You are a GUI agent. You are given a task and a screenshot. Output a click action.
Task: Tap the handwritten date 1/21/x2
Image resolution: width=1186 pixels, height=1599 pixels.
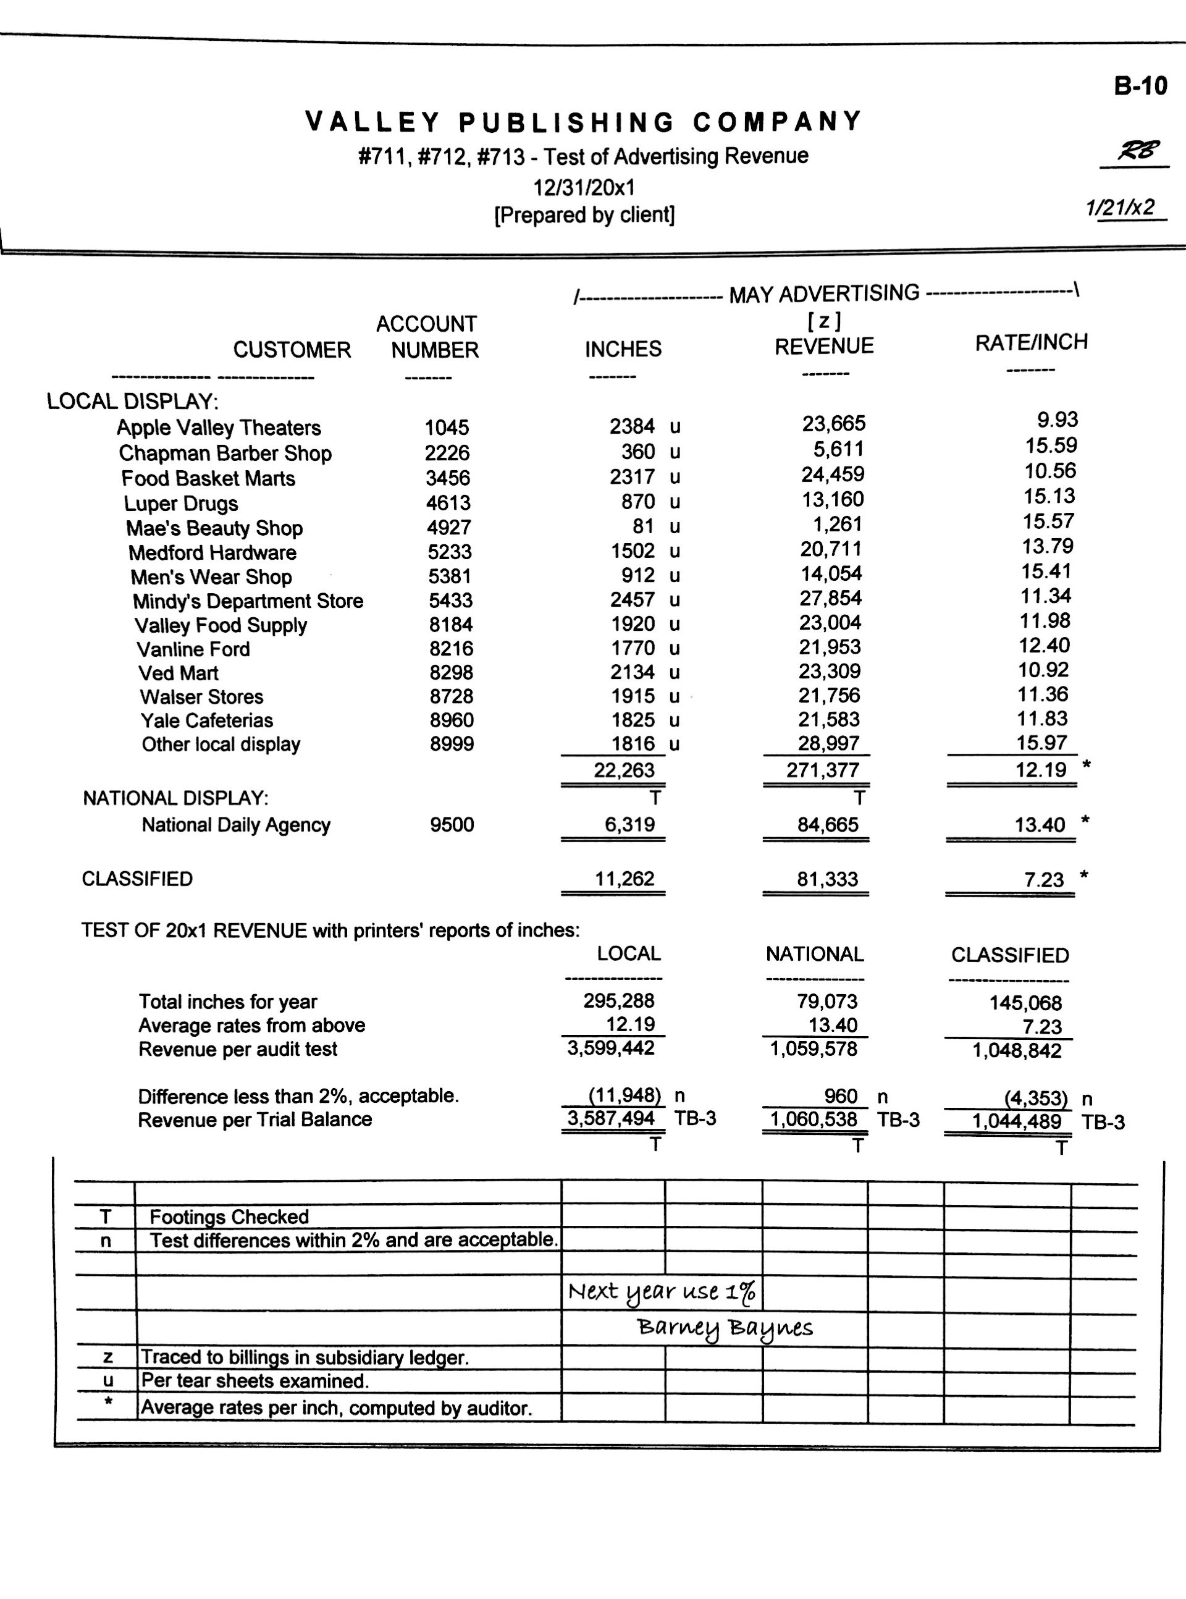coord(1121,208)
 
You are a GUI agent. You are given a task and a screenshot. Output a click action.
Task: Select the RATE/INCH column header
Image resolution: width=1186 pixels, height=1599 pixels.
coord(1031,342)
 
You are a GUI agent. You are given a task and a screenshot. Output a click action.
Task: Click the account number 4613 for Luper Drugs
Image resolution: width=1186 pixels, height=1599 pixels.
coord(448,502)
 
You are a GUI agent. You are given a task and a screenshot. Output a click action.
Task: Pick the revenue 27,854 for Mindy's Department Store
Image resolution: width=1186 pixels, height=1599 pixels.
coord(830,598)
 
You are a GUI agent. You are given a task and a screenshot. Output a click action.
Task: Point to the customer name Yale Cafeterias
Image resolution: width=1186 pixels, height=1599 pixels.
coord(207,720)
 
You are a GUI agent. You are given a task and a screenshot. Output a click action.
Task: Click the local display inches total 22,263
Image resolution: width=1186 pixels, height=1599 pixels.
coord(623,770)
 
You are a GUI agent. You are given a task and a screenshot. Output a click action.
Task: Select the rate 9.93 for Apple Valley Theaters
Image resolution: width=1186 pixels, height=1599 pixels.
coord(1057,420)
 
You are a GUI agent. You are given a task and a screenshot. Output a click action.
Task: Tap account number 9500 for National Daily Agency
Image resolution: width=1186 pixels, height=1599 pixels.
coord(452,824)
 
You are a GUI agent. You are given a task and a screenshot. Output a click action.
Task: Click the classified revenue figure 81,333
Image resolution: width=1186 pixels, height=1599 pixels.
coord(827,879)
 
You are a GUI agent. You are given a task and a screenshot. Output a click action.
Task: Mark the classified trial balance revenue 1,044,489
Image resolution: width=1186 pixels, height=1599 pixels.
coord(1016,1121)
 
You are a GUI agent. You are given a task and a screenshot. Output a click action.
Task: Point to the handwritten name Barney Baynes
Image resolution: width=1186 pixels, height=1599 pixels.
coord(725,1328)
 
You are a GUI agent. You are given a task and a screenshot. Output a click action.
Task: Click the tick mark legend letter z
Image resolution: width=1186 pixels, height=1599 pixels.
coord(107,1357)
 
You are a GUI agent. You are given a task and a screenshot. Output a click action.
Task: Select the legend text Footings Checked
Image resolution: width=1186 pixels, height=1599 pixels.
coord(229,1217)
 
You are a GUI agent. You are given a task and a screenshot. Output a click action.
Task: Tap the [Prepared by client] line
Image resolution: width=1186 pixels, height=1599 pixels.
coord(584,214)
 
